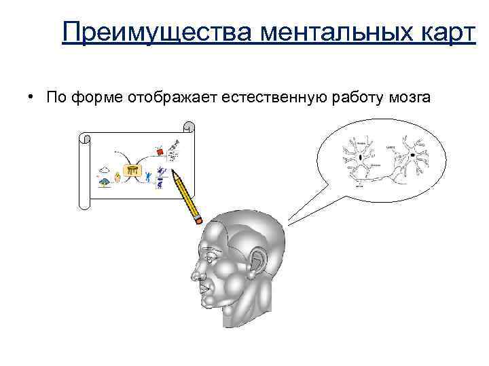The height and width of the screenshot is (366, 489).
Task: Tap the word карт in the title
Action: pyautogui.click(x=441, y=30)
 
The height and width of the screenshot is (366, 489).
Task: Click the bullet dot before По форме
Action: pyautogui.click(x=32, y=98)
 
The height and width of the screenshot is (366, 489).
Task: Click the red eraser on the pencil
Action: pyautogui.click(x=198, y=219)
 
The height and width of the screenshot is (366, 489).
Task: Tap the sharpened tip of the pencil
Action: pyautogui.click(x=174, y=174)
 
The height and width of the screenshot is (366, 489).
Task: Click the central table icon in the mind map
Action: pyautogui.click(x=132, y=171)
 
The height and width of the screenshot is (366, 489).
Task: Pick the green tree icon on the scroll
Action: pyautogui.click(x=105, y=182)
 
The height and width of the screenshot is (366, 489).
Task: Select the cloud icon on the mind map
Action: pyautogui.click(x=105, y=170)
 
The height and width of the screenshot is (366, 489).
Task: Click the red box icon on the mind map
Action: pyautogui.click(x=161, y=153)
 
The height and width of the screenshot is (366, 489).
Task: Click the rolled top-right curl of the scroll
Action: pyautogui.click(x=189, y=127)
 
